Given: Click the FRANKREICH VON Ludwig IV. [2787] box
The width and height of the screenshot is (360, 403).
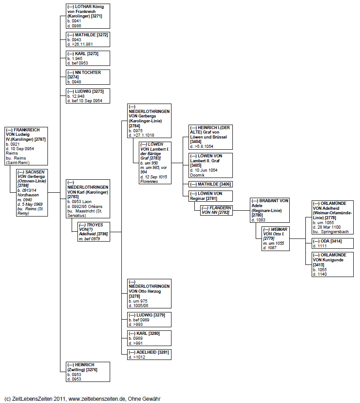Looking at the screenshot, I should click(26, 146).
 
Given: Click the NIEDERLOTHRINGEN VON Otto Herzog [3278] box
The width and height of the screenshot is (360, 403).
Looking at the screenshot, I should click(149, 293).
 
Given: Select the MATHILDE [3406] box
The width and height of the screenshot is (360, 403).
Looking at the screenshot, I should click(210, 184).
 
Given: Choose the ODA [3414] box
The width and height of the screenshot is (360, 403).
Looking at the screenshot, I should click(332, 243).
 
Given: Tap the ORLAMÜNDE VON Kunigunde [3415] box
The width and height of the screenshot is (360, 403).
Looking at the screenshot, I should click(332, 264).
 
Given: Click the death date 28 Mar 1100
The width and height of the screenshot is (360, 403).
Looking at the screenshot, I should click(329, 227).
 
